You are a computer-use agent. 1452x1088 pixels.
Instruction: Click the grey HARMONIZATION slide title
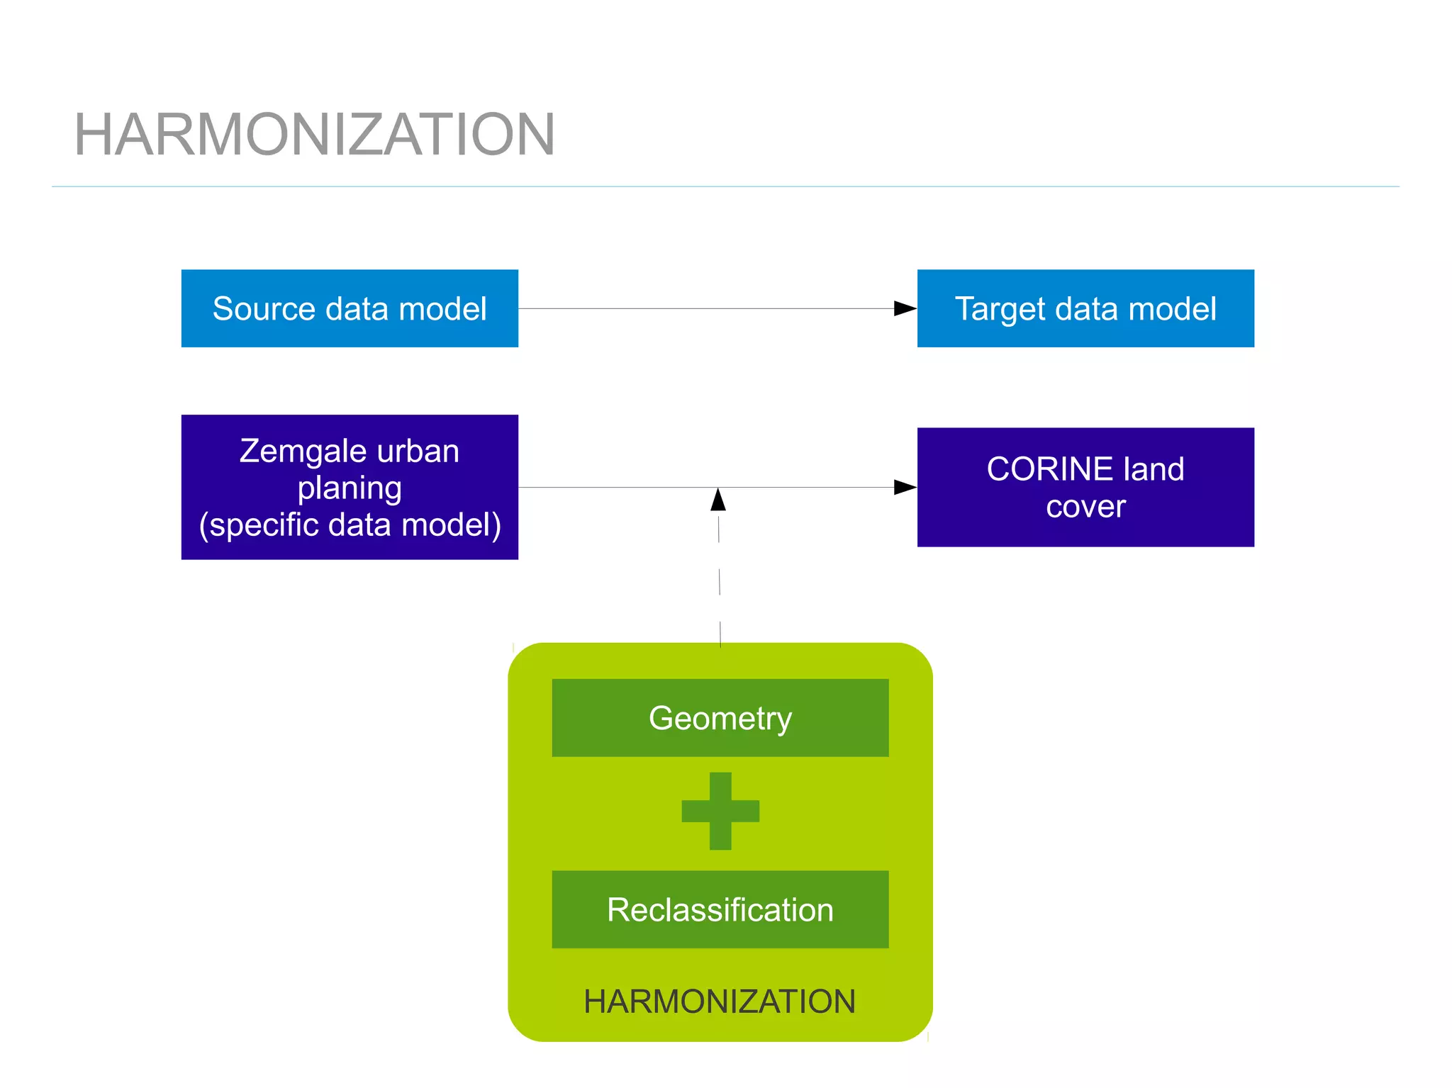point(314,135)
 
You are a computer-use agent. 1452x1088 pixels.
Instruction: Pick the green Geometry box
point(720,718)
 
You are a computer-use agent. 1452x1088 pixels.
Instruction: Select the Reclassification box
point(720,909)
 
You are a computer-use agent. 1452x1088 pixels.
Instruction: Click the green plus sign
point(720,811)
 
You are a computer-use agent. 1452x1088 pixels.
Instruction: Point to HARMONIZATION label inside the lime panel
point(720,1002)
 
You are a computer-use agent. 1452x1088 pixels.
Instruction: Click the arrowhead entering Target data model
point(905,308)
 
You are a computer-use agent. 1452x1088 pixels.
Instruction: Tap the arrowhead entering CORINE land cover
point(905,487)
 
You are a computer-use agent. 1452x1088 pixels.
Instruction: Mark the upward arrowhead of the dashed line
point(718,500)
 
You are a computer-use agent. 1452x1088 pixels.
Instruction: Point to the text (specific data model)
point(350,525)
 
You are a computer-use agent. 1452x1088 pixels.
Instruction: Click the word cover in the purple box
point(1085,507)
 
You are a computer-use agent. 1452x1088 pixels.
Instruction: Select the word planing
point(350,488)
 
